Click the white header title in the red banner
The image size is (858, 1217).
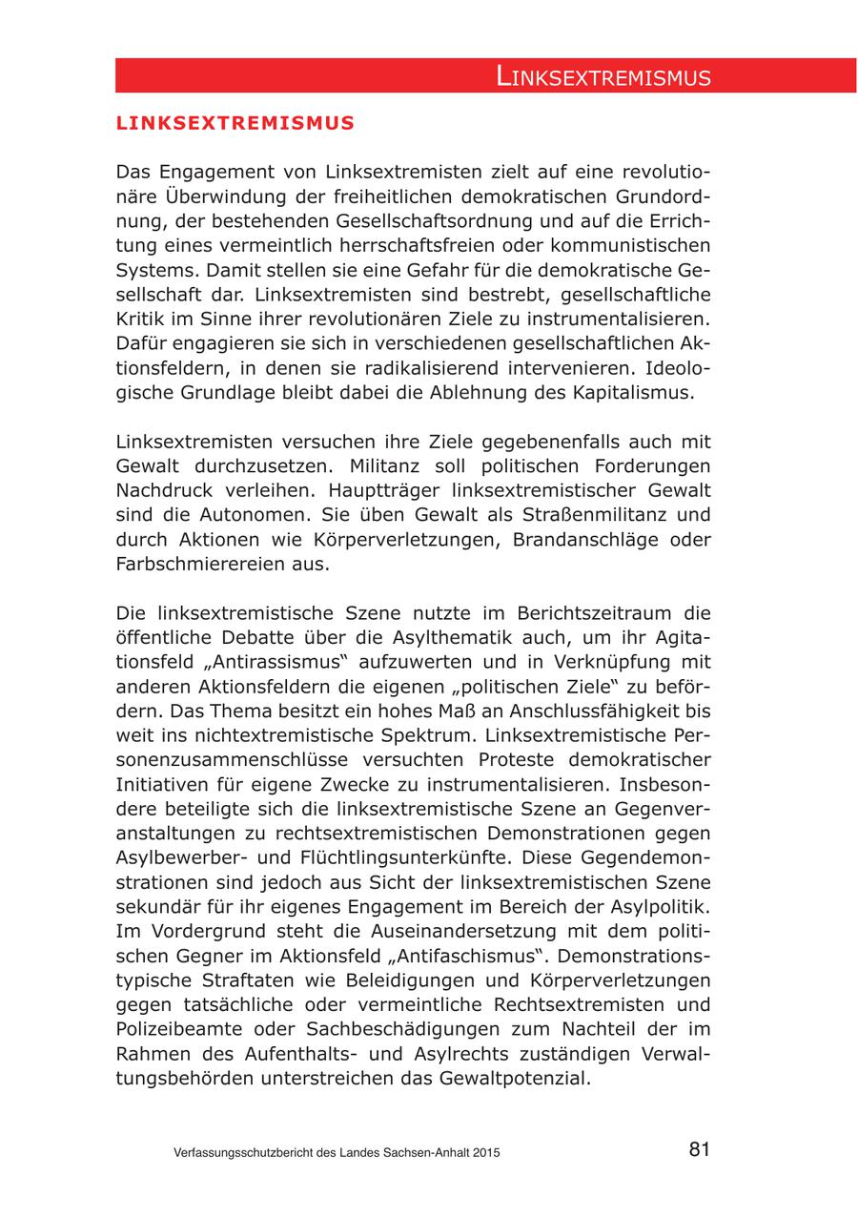(x=603, y=77)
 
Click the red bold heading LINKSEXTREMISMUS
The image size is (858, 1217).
(x=235, y=123)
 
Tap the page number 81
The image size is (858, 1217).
(x=699, y=1149)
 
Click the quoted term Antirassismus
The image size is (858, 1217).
(x=272, y=662)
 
